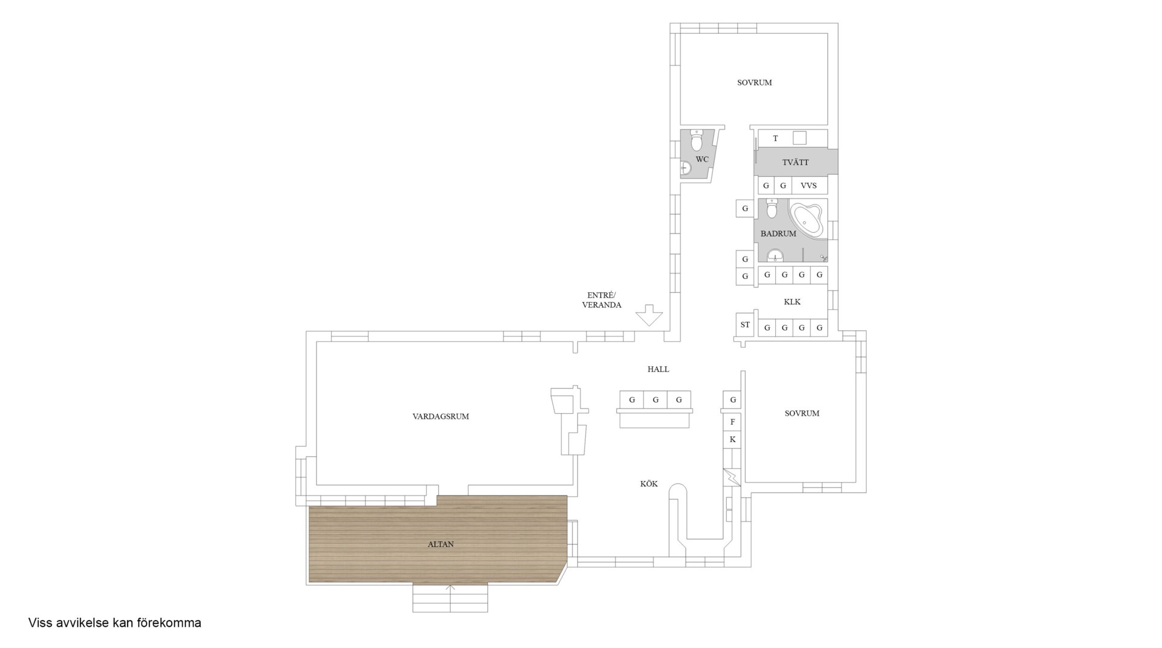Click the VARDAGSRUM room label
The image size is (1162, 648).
pos(441,416)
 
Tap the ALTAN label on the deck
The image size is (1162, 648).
pos(441,544)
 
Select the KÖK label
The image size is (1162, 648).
pos(649,483)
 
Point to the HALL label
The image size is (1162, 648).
pos(658,369)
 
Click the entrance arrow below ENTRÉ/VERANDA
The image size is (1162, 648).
pos(649,315)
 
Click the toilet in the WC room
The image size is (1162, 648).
pos(697,140)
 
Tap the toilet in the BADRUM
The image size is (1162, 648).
pos(772,208)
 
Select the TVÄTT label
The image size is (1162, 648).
pos(795,162)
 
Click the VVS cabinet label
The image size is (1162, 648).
pos(809,186)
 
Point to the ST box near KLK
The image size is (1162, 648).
pos(745,325)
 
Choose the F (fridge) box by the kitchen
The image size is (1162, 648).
pos(732,422)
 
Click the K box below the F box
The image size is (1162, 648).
pos(732,439)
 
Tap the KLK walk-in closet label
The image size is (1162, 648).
pos(792,301)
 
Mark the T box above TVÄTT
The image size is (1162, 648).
pos(775,139)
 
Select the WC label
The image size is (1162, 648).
pos(702,159)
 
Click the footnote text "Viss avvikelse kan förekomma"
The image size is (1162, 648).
pos(115,623)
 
